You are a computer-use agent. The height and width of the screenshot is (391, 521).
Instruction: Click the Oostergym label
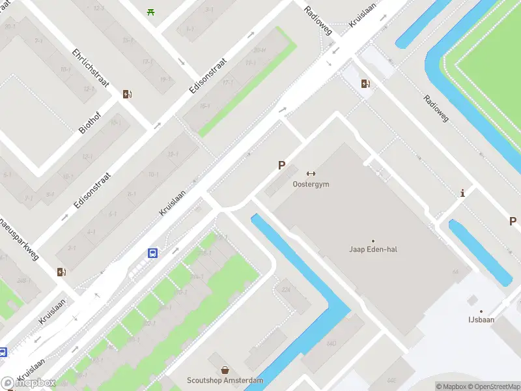pyautogui.click(x=311, y=184)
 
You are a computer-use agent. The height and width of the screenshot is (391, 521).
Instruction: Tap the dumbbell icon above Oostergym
pyautogui.click(x=311, y=173)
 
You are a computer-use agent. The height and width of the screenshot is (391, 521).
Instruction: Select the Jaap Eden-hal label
pyautogui.click(x=373, y=249)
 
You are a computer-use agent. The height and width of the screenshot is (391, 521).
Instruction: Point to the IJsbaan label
pyautogui.click(x=481, y=320)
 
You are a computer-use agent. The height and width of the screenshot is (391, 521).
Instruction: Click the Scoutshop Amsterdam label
pyautogui.click(x=225, y=381)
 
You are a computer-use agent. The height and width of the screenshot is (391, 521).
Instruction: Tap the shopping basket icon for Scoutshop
pyautogui.click(x=225, y=369)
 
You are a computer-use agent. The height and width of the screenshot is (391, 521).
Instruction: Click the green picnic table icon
pyautogui.click(x=151, y=11)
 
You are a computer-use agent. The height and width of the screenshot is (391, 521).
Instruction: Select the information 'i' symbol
pyautogui.click(x=462, y=193)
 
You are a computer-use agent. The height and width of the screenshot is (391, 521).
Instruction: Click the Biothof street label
pyautogui.click(x=91, y=121)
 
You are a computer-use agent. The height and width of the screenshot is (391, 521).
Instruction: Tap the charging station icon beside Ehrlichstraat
pyautogui.click(x=127, y=94)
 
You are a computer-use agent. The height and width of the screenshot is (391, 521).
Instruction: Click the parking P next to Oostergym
pyautogui.click(x=281, y=166)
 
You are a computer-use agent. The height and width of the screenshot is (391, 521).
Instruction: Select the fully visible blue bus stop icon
pyautogui.click(x=152, y=253)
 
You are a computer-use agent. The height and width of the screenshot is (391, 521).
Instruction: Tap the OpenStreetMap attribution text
pyautogui.click(x=495, y=386)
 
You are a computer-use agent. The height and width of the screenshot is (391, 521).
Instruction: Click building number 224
pyautogui.click(x=285, y=290)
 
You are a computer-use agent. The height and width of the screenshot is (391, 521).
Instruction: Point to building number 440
pyautogui.click(x=331, y=343)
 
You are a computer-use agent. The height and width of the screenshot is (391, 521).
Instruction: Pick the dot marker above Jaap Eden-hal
pyautogui.click(x=373, y=241)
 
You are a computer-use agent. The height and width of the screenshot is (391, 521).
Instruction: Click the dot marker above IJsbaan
pyautogui.click(x=481, y=311)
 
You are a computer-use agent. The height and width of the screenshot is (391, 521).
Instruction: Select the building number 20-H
pyautogui.click(x=259, y=50)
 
